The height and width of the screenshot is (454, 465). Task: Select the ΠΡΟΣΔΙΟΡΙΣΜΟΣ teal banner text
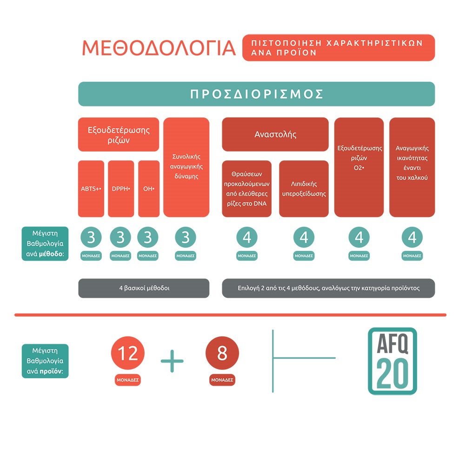coord(256,94)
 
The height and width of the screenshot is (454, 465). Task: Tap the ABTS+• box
coord(91,189)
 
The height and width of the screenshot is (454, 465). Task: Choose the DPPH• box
coord(121,189)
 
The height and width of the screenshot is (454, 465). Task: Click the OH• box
coord(148,189)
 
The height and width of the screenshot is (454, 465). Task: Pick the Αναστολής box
coord(275,135)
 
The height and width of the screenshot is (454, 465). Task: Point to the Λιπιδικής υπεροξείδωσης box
coord(304,189)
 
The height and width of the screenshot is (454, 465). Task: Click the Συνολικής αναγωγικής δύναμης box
coord(186,167)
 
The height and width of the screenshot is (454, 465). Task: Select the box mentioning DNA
coord(247,189)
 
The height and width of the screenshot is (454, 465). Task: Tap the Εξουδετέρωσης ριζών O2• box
coord(359,167)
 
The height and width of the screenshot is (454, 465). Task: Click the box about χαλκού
coord(412,167)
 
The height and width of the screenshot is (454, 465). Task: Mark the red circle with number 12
coord(128,354)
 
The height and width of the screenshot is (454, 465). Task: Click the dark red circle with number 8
coord(222,354)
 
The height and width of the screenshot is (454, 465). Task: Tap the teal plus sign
coord(172,361)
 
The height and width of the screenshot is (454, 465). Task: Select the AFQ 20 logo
coord(392,361)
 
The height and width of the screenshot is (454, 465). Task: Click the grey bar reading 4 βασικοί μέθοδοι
coord(144,288)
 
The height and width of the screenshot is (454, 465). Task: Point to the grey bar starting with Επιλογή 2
coord(328,288)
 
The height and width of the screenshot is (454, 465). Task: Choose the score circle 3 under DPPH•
coord(121,237)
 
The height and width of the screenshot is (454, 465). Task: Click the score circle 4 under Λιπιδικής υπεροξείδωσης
coord(304,237)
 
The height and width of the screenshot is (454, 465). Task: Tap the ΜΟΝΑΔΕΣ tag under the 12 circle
coord(128,380)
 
